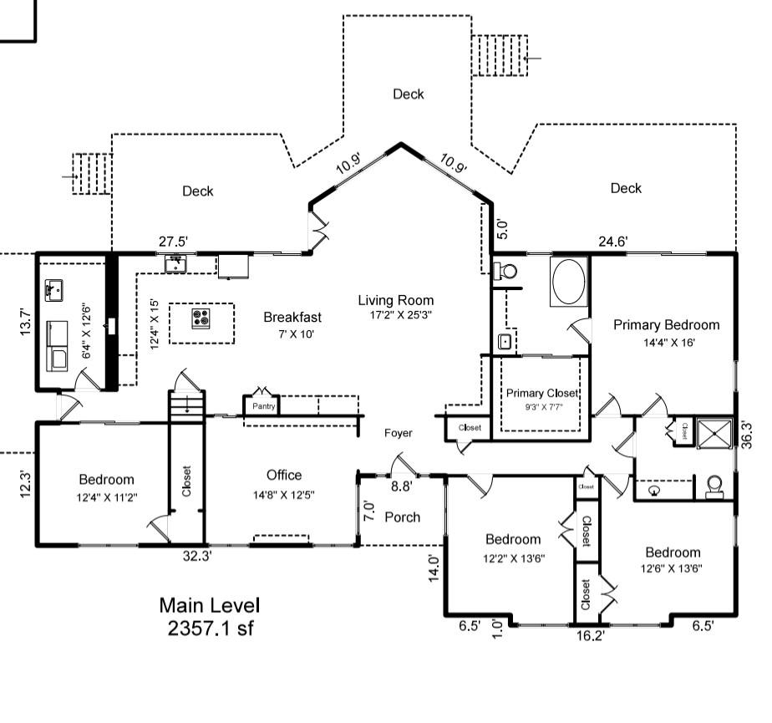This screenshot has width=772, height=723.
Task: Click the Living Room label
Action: click(396, 301)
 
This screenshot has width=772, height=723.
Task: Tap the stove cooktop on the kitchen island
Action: click(201, 318)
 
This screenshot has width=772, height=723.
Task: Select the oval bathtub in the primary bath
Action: click(570, 282)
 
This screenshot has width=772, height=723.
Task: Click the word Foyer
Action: click(399, 433)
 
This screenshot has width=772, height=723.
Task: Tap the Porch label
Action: click(402, 517)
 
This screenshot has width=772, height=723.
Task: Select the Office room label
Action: click(284, 476)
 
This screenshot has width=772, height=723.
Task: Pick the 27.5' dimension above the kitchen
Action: click(173, 242)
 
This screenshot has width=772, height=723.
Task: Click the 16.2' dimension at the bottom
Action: click(590, 636)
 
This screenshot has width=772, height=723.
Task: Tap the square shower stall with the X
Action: click(713, 431)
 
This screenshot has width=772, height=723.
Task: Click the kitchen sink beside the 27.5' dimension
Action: click(175, 265)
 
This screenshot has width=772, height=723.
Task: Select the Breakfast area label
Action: click(292, 318)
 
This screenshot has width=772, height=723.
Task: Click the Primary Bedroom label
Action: click(666, 325)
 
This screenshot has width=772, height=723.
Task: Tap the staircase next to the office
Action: click(186, 407)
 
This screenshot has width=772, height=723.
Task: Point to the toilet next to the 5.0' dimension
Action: click(505, 271)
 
